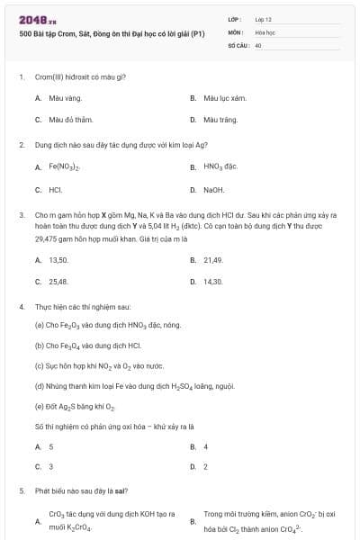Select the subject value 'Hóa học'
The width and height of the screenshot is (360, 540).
tap(265, 31)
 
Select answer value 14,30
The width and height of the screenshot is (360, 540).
tap(213, 282)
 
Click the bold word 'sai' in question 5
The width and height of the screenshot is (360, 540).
tap(121, 491)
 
